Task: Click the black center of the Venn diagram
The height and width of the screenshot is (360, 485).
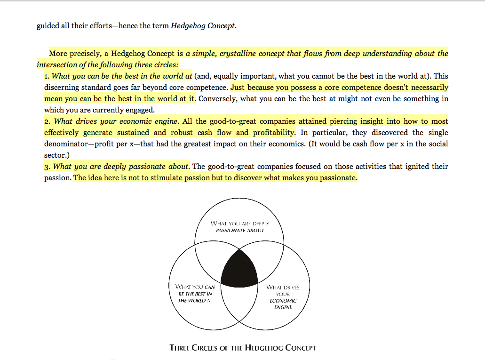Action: coord(239,269)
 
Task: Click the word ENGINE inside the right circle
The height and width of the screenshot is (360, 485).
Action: coord(283,307)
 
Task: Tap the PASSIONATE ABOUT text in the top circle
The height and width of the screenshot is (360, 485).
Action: coord(240,231)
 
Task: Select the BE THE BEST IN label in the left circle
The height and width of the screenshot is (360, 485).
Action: coord(195,294)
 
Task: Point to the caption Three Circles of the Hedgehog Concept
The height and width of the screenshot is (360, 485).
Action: coord(243,348)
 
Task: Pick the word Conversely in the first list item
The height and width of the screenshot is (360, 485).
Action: coord(217,99)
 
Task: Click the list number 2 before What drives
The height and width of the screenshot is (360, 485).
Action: coord(47,121)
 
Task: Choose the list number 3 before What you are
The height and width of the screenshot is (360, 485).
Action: coord(47,167)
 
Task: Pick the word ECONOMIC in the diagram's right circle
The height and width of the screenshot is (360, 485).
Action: coord(283,301)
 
